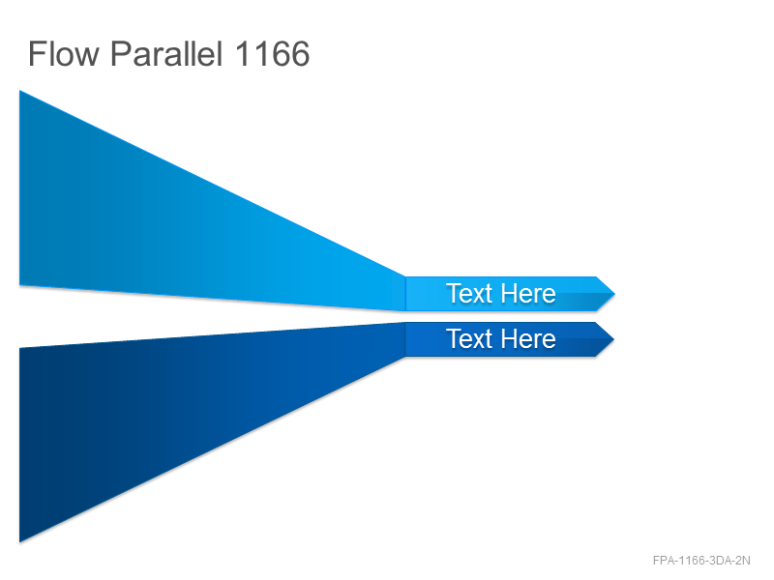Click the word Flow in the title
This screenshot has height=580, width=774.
pos(64,53)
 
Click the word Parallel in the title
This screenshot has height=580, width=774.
pos(166,53)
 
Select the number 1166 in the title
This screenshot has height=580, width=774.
pos(273,53)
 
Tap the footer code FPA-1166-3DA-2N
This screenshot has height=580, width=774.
pos(701,561)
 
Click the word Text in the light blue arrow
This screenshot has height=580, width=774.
pos(469,294)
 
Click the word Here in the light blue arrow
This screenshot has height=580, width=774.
pos(529,294)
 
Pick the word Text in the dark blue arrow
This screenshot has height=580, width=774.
pos(469,339)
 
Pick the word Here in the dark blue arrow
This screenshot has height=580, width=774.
pos(529,339)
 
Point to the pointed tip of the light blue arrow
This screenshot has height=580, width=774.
pos(614,294)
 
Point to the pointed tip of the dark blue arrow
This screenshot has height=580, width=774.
pos(613,339)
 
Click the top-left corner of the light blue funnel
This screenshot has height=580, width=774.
pos(19,91)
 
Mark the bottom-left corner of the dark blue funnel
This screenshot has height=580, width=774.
pos(19,542)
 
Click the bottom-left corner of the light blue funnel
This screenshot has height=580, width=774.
pos(19,284)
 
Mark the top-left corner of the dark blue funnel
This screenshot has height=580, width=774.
pos(19,348)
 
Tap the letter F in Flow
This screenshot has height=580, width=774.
pos(37,53)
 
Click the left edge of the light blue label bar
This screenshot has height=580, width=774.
pos(405,294)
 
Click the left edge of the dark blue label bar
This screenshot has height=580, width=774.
pos(405,339)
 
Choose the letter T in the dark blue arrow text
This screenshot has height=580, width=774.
pos(454,338)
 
